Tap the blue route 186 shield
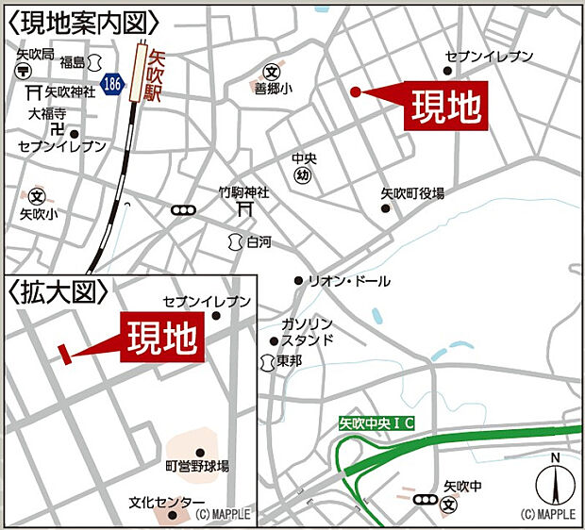pyautogui.click(x=113, y=83)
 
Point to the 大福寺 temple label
pyautogui.click(x=45, y=114)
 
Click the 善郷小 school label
pyautogui.click(x=272, y=90)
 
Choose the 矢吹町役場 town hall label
pyautogui.click(x=412, y=192)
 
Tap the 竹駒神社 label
pyautogui.click(x=243, y=192)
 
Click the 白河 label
pyautogui.click(x=259, y=241)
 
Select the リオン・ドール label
pyautogui.click(x=349, y=281)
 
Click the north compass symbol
pyautogui.click(x=556, y=484)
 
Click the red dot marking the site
pyautogui.click(x=356, y=91)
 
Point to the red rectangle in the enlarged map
pyautogui.click(x=65, y=353)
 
